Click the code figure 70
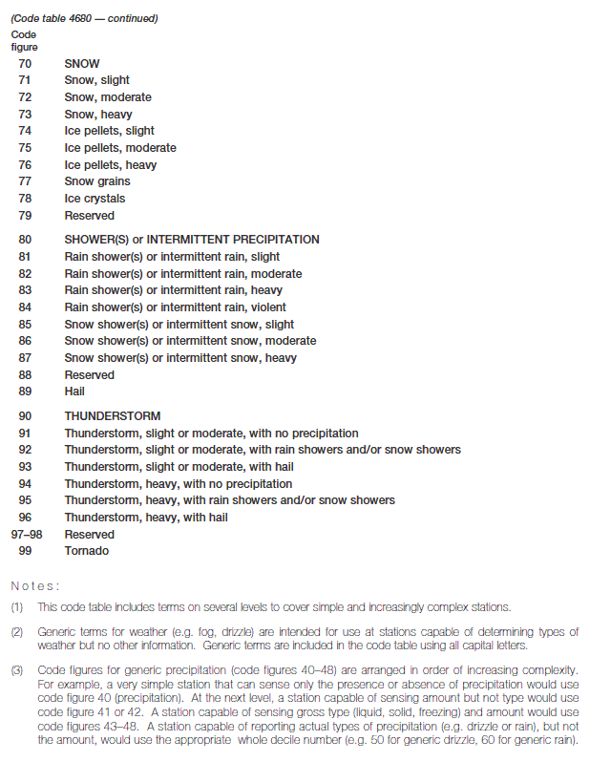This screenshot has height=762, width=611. pyautogui.click(x=25, y=63)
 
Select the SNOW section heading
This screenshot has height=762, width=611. pyautogui.click(x=82, y=63)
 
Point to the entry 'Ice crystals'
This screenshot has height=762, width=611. pyautogui.click(x=95, y=199)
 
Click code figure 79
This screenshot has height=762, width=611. pyautogui.click(x=25, y=216)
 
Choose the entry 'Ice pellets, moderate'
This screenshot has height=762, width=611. pyautogui.click(x=120, y=148)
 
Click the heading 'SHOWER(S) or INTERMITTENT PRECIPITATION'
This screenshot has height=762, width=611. pyautogui.click(x=192, y=240)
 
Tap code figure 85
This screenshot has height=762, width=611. pyautogui.click(x=25, y=325)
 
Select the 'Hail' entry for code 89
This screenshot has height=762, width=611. pyautogui.click(x=74, y=392)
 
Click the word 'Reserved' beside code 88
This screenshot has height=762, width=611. pyautogui.click(x=89, y=375)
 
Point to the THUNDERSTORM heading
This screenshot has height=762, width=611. pyautogui.click(x=113, y=416)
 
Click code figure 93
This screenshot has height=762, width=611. pyautogui.click(x=25, y=467)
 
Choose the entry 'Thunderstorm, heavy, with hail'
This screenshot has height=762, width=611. pyautogui.click(x=146, y=518)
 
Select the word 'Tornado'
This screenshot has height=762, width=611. pyautogui.click(x=86, y=551)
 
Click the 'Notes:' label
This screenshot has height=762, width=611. pyautogui.click(x=35, y=585)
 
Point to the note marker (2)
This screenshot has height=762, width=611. pyautogui.click(x=17, y=632)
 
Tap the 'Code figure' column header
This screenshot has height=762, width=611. pyautogui.click(x=24, y=39)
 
